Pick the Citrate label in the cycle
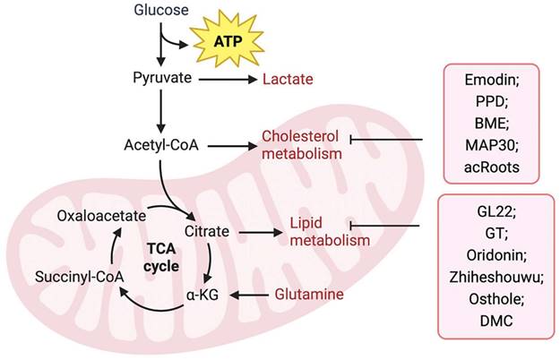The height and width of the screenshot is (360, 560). (x=206, y=232)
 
